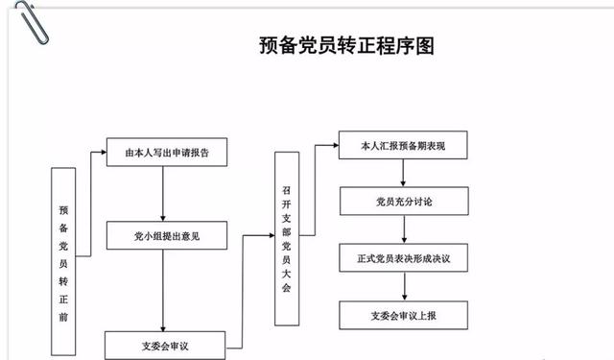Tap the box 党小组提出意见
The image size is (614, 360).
click(166, 234)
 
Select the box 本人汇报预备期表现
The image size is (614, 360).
click(403, 148)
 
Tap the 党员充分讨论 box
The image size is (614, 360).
click(403, 202)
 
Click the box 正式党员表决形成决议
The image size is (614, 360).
click(403, 259)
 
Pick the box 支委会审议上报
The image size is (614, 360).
click(403, 315)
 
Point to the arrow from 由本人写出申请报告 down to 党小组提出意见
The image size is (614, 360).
click(165, 192)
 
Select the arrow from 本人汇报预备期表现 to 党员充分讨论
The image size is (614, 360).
click(403, 174)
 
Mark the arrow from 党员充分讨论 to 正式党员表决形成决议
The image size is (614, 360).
click(403, 230)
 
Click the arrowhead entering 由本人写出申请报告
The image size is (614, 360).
click(103, 152)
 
